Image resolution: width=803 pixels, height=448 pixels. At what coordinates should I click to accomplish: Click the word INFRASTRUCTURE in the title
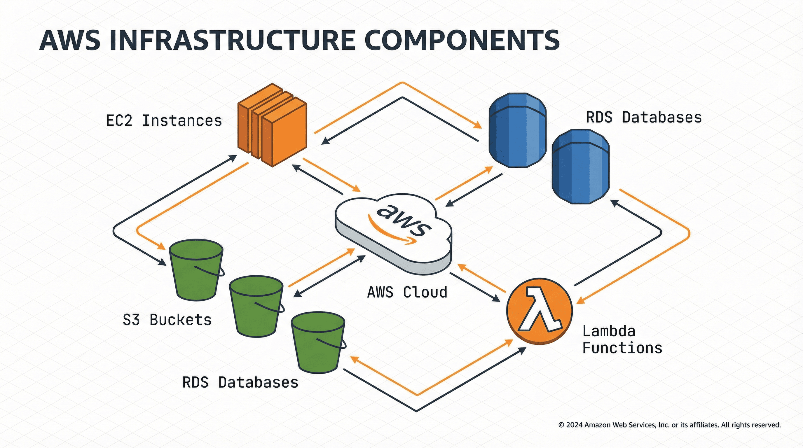coord(232,41)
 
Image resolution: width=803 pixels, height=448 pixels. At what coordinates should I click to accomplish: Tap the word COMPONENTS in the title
coord(462,41)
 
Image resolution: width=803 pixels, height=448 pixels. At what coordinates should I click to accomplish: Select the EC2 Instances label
coord(164,121)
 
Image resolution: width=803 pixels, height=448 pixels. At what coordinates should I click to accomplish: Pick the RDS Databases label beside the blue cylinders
coord(644,118)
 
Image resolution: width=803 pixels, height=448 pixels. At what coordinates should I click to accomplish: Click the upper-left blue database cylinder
coord(517,130)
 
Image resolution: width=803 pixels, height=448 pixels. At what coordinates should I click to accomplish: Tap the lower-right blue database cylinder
coord(580,167)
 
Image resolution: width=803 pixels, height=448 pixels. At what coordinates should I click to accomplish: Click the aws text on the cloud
coord(404,220)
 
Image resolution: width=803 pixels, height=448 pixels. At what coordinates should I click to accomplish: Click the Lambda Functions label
coord(622,339)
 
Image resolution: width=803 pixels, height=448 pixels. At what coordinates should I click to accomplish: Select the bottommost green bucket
coord(318,343)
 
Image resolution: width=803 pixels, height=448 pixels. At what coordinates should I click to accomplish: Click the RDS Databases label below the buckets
coord(240,383)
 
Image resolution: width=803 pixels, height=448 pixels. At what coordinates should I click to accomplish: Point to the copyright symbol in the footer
coord(561,425)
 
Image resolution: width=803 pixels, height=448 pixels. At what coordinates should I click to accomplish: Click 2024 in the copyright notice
coord(574,425)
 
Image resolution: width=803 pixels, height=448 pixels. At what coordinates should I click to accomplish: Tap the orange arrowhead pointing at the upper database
coord(478,125)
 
